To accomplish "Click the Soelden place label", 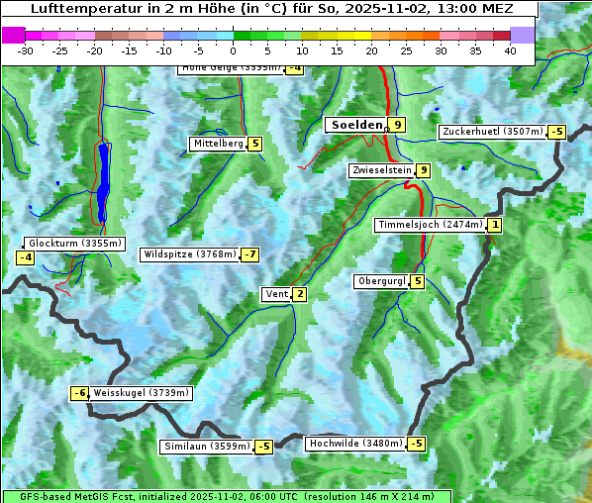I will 356,125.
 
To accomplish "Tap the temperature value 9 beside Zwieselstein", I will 424,170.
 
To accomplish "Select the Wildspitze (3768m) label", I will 190,254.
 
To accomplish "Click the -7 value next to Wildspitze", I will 249,254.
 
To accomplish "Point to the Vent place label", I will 276,294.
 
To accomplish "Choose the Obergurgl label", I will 380,281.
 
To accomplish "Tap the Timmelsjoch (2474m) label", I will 431,225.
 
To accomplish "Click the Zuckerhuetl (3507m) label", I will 492,132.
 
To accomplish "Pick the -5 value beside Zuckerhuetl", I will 556,132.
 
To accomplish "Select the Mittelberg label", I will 217,144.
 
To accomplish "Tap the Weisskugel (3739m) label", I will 140,393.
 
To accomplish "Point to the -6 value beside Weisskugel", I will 80,393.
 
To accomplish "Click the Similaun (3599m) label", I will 206,447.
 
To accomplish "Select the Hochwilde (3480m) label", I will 354,444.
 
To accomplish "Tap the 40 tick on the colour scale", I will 510,50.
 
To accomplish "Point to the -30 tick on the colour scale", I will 26,50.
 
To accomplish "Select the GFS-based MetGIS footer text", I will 226,496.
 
